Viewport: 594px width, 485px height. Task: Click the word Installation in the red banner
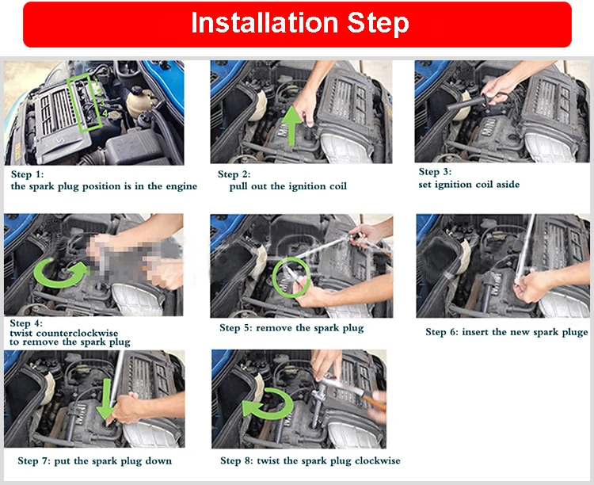tap(264, 23)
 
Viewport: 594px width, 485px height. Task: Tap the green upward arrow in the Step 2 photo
tap(292, 125)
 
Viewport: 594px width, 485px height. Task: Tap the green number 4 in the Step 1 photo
tap(105, 113)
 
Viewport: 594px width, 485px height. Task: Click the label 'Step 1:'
tap(27, 174)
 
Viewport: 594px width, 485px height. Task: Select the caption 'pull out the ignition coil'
tap(288, 186)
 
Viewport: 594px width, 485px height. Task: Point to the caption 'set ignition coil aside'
tap(469, 185)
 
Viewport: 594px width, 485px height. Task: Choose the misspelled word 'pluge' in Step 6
tap(575, 333)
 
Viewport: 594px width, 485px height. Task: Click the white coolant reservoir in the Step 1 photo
tap(139, 101)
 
